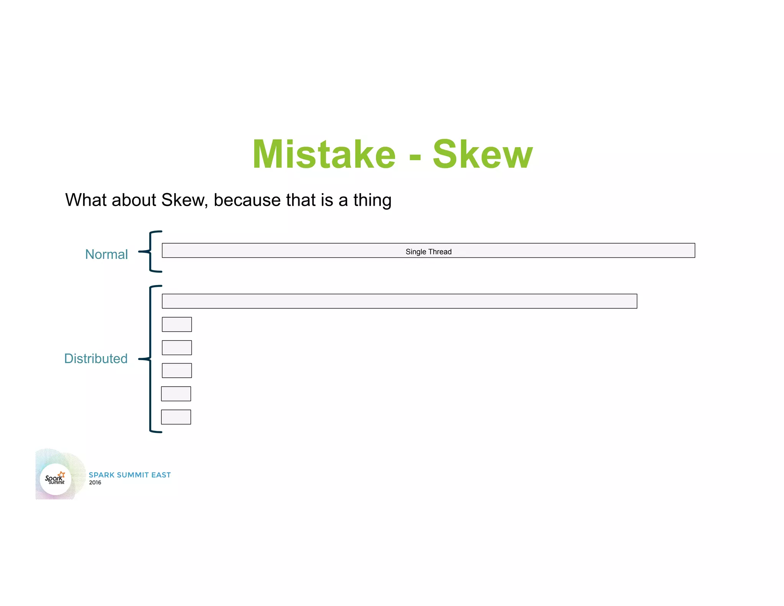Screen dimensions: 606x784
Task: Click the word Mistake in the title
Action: pos(324,154)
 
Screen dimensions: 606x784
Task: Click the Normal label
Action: pos(106,254)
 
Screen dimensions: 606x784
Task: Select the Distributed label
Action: pos(96,359)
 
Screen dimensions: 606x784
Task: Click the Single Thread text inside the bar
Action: pos(428,252)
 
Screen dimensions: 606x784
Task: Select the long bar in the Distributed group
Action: pos(399,301)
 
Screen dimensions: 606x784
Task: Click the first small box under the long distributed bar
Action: pos(176,324)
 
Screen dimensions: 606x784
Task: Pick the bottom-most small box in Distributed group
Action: pos(176,417)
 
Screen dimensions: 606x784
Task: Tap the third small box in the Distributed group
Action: pos(176,370)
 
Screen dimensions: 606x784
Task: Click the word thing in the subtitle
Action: pos(372,200)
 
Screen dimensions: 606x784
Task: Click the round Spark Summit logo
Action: pos(56,479)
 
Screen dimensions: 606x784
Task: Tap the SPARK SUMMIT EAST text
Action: pos(130,475)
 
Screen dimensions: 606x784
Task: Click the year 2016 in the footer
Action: pos(95,483)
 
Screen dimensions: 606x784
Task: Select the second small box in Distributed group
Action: pos(176,347)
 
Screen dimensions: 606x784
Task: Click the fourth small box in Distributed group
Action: pos(176,394)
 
